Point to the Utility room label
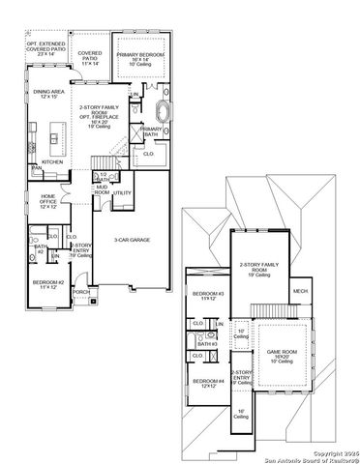coord(122,193)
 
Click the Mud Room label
coord(102,190)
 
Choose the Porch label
coord(81,291)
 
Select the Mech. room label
coord(301,291)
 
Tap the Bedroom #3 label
coord(208,295)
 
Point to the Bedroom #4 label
coord(208,384)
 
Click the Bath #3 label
coord(205,342)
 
